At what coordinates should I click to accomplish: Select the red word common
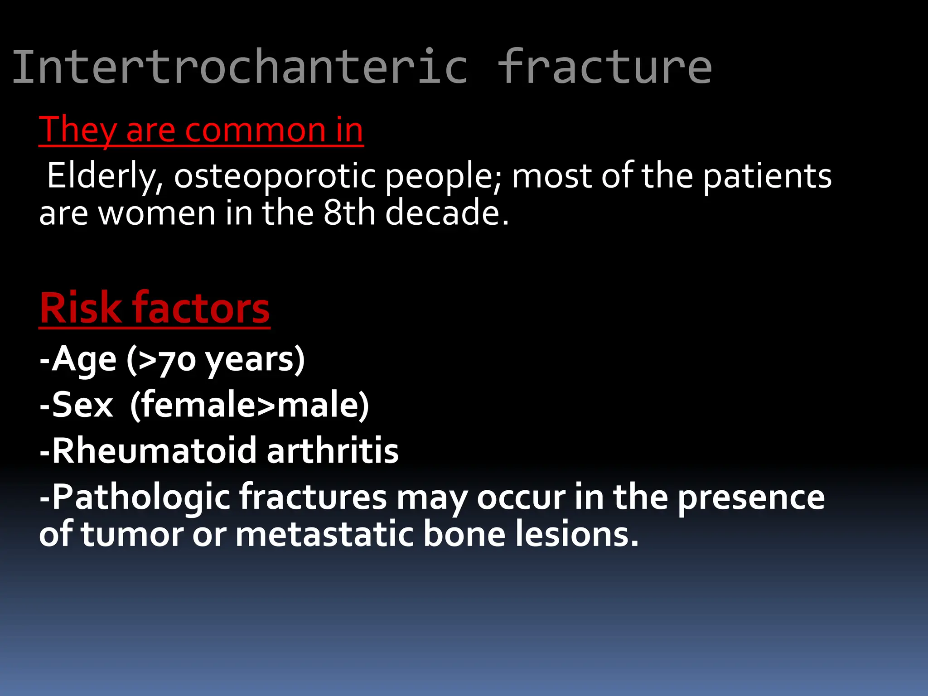tap(256, 130)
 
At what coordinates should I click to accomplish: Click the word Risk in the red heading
tap(80, 309)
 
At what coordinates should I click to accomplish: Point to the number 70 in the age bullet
tap(177, 361)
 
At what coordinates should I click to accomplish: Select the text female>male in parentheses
tap(249, 405)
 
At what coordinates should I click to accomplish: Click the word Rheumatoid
tap(155, 451)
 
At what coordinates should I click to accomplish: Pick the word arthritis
tap(333, 451)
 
